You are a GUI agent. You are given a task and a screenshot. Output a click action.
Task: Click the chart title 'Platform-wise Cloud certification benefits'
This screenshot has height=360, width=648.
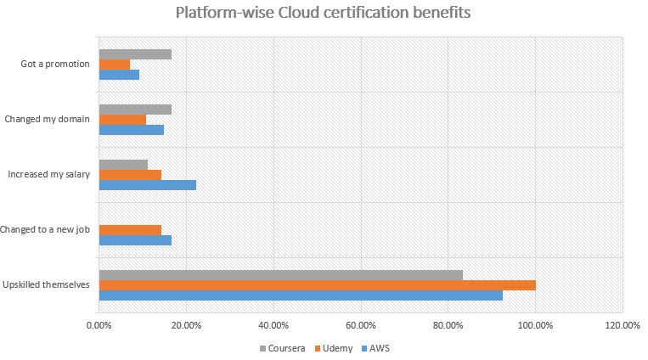pyautogui.click(x=323, y=14)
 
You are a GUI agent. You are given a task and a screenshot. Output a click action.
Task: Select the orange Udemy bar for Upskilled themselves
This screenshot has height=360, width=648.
pyautogui.click(x=317, y=284)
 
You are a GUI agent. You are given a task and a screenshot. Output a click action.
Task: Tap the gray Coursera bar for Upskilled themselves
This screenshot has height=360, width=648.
pyautogui.click(x=280, y=273)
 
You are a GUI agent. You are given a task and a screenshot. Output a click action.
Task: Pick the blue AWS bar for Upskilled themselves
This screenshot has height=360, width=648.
pyautogui.click(x=301, y=295)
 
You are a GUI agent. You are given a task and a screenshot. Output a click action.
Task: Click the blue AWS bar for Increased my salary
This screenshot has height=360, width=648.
pyautogui.click(x=147, y=185)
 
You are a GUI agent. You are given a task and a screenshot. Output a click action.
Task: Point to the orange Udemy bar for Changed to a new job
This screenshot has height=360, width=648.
pyautogui.click(x=130, y=229)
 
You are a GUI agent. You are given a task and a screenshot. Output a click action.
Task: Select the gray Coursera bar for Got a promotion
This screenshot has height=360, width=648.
pyautogui.click(x=135, y=53)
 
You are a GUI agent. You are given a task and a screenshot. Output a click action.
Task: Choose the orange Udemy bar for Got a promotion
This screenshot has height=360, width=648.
pyautogui.click(x=115, y=65)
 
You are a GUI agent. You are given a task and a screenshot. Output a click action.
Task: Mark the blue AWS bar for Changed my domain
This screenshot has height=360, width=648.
pyautogui.click(x=131, y=130)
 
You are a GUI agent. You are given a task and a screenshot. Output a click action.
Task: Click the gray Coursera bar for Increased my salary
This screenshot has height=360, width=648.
pyautogui.click(x=123, y=164)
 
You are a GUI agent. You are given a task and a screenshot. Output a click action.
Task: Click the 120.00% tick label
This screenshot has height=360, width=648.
pyautogui.click(x=623, y=325)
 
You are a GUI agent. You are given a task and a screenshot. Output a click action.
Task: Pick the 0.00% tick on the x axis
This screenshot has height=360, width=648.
pyautogui.click(x=99, y=325)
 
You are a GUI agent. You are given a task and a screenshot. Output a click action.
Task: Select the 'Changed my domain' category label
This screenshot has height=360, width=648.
pyautogui.click(x=48, y=119)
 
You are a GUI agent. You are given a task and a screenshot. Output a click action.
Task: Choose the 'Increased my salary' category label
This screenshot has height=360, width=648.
pyautogui.click(x=48, y=174)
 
